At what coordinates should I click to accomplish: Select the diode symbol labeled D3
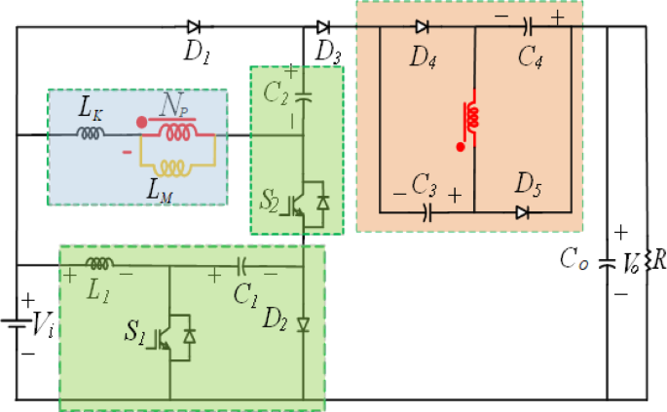(x=322, y=26)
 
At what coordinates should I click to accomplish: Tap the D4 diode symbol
(x=422, y=26)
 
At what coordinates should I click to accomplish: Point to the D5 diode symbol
(x=523, y=209)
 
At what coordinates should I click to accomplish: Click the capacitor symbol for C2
(x=303, y=96)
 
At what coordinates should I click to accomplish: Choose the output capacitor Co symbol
(x=607, y=261)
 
